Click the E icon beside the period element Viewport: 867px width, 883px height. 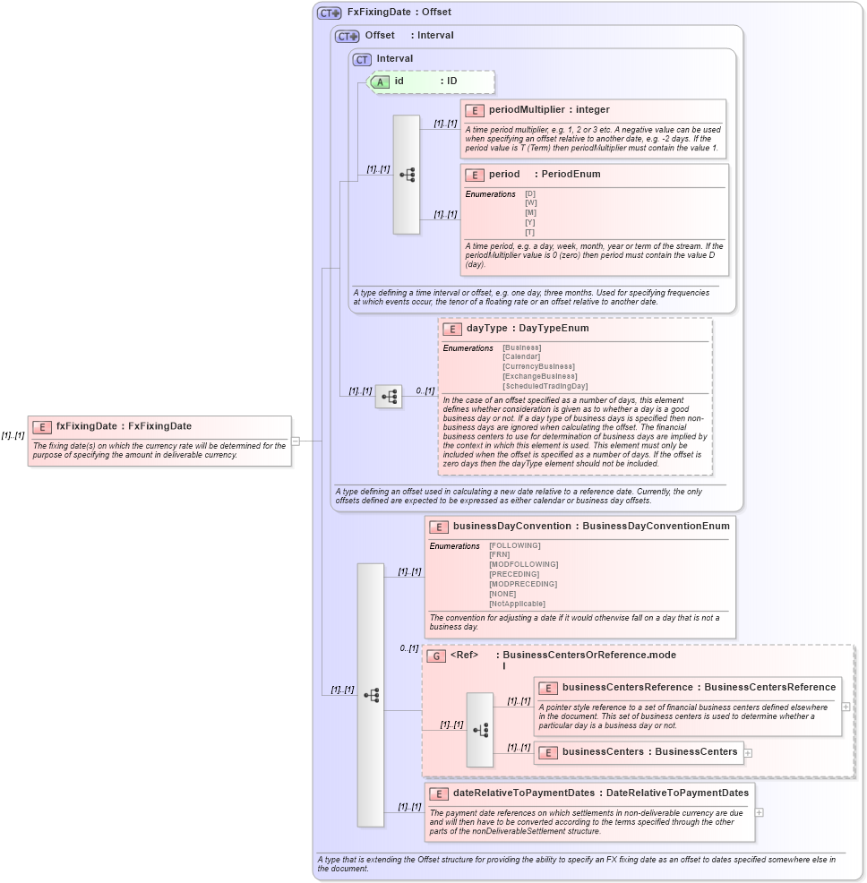(x=474, y=175)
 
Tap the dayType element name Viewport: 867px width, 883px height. (x=486, y=329)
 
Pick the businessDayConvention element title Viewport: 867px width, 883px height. (x=512, y=527)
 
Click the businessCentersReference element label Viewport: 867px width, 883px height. (x=627, y=688)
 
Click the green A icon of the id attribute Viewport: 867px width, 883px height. (x=380, y=81)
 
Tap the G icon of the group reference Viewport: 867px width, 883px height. (x=436, y=656)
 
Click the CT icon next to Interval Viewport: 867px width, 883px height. (x=362, y=59)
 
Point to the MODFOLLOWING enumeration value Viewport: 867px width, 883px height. (x=523, y=564)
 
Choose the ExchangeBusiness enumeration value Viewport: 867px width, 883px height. (x=539, y=376)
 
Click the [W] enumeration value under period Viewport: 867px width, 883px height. (x=530, y=202)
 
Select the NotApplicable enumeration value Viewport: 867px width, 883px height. (x=517, y=604)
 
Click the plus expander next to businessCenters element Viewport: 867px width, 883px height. (x=748, y=752)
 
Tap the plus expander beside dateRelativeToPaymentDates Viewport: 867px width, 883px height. (x=760, y=812)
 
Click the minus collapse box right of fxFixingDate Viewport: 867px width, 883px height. (x=296, y=441)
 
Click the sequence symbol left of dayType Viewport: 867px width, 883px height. (x=389, y=396)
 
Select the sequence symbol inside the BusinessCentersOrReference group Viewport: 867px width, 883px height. (x=480, y=729)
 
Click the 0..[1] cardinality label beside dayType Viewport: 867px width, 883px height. (x=425, y=390)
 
